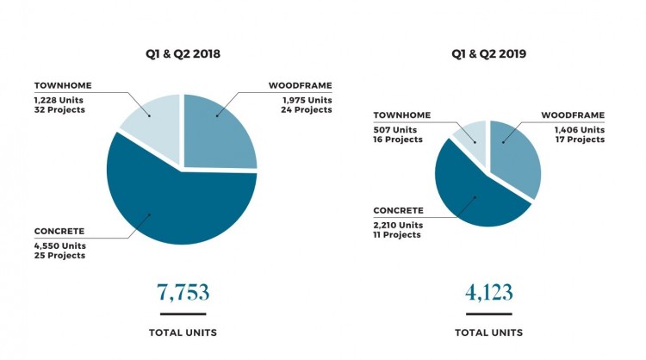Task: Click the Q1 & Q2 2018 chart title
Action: [183, 54]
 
